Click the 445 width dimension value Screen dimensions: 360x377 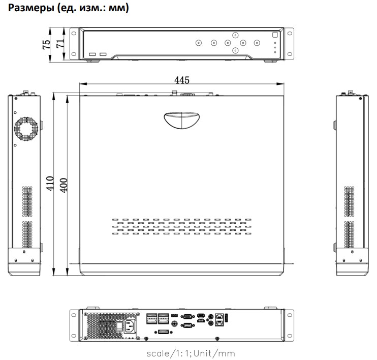coord(181,80)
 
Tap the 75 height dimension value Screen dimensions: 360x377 coord(46,45)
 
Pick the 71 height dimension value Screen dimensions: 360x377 coord(59,45)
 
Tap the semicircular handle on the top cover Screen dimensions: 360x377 coord(181,121)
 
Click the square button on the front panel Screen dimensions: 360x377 coord(274,36)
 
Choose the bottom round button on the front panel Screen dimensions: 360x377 coord(235,51)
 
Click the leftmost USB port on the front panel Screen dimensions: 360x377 coord(92,54)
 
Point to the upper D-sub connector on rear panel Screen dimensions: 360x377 coord(187,316)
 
